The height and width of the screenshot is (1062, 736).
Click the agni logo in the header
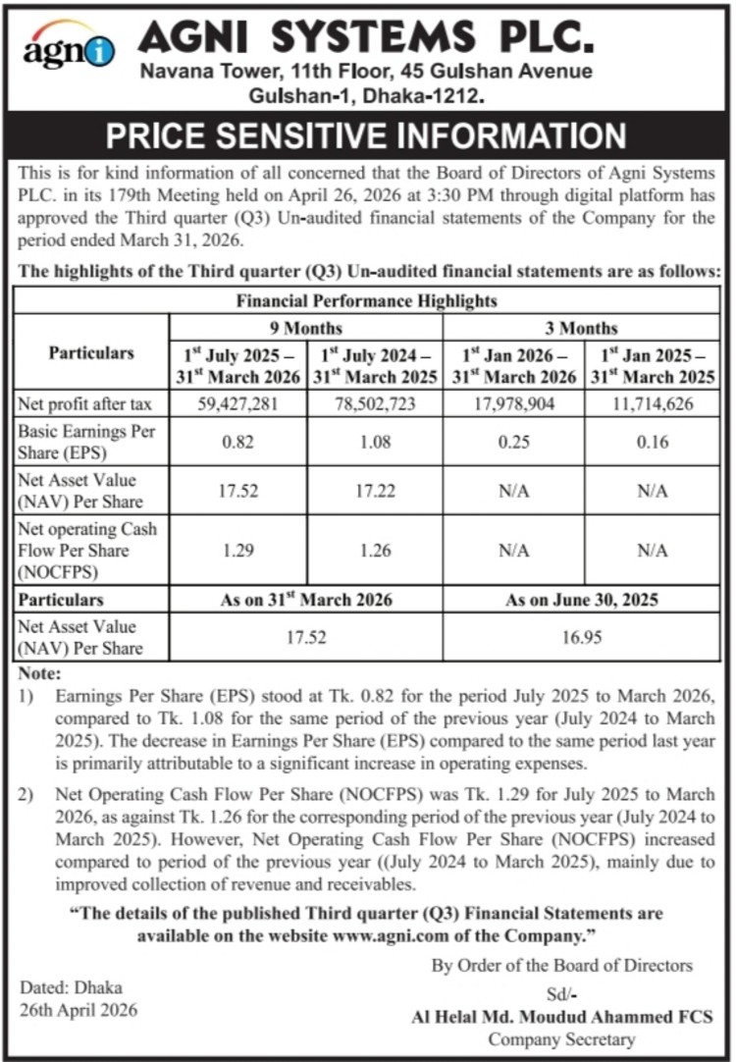(x=69, y=49)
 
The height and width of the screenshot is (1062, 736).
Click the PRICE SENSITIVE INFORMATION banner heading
(x=366, y=135)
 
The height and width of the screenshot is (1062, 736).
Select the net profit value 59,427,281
(x=239, y=402)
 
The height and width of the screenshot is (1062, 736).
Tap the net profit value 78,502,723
(x=375, y=402)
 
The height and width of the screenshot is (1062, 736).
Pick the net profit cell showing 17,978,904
(x=514, y=402)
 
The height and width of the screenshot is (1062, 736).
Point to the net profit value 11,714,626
(x=653, y=402)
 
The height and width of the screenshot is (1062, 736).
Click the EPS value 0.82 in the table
(x=239, y=442)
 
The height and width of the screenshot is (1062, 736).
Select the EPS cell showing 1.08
(x=375, y=442)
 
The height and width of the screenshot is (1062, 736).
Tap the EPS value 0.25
(x=514, y=442)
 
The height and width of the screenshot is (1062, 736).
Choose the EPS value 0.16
(x=653, y=442)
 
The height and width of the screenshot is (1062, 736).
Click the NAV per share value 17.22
(x=375, y=492)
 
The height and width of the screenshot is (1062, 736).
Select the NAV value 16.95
(x=583, y=636)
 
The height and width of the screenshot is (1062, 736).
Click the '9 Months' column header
(x=307, y=327)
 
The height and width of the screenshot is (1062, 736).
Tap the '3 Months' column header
(x=583, y=327)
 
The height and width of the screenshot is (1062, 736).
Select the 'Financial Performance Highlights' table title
(x=366, y=300)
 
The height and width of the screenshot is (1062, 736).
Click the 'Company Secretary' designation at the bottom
(x=561, y=1039)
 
